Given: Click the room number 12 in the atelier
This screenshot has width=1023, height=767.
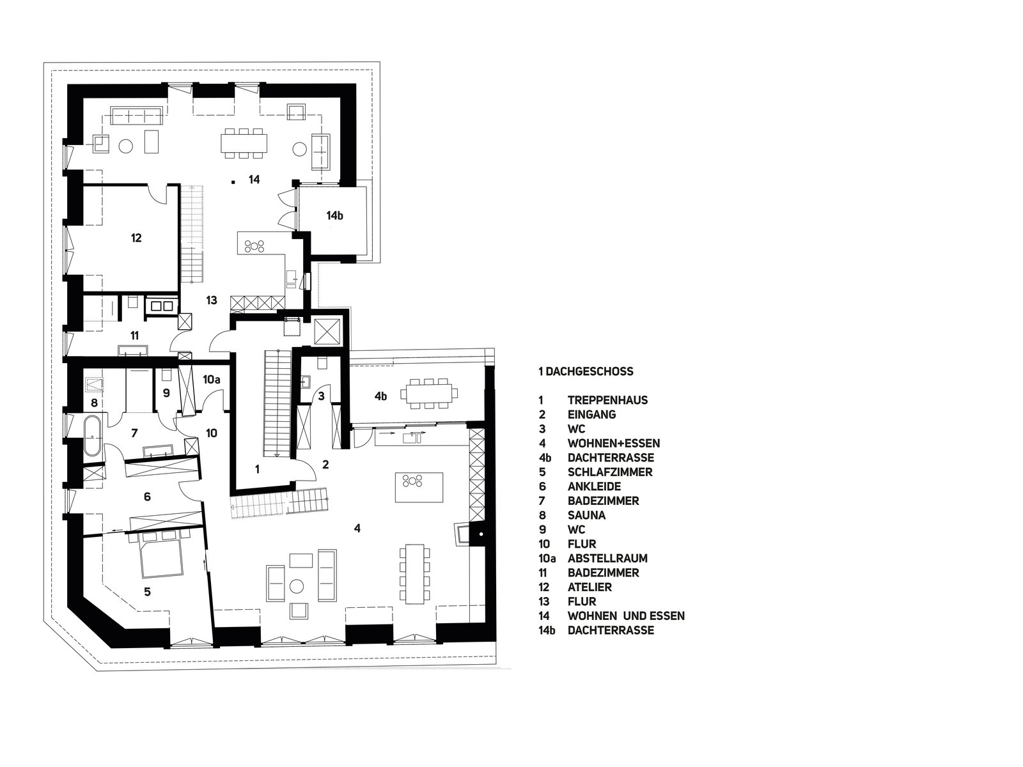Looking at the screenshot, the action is [x=136, y=238].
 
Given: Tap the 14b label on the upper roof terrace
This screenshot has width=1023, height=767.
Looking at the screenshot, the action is [x=334, y=215].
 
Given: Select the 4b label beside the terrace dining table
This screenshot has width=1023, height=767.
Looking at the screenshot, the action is [x=381, y=396].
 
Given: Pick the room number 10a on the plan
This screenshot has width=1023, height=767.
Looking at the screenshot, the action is [x=211, y=380].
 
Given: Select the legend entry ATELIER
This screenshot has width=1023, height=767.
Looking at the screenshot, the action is [x=590, y=587].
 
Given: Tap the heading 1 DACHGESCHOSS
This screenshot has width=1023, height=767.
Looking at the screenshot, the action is [x=586, y=371].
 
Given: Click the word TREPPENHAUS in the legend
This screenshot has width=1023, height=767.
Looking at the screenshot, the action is [x=608, y=401].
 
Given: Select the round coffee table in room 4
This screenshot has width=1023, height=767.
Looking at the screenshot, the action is [x=296, y=586].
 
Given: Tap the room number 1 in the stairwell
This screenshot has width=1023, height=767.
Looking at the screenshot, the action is [x=257, y=469].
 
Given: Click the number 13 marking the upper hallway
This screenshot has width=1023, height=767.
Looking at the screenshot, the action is [x=212, y=300].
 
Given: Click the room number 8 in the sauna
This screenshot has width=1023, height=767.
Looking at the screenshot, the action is [x=95, y=403].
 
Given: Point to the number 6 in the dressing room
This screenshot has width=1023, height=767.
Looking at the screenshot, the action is [x=147, y=497].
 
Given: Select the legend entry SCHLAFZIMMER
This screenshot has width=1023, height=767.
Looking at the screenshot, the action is [x=610, y=472].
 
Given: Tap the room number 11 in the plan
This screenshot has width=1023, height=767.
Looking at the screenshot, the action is [x=135, y=336].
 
